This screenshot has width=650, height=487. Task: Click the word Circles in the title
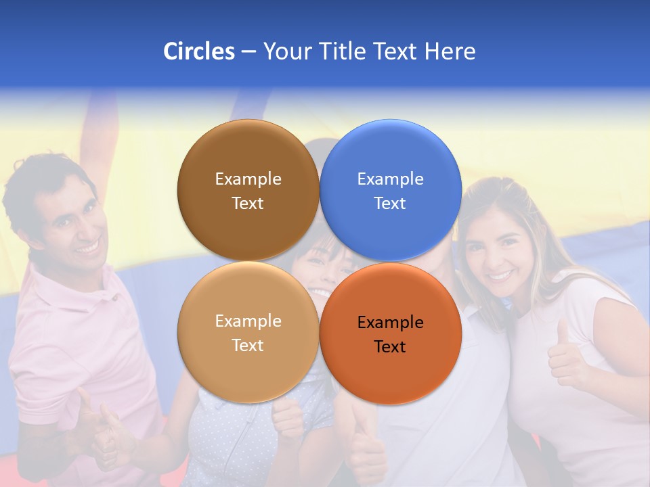tap(198, 51)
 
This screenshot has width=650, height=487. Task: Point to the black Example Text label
tap(390, 334)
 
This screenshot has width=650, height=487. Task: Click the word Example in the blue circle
tap(390, 179)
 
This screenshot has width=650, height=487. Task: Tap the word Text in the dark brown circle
tap(248, 203)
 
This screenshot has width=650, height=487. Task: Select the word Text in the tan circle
tap(248, 345)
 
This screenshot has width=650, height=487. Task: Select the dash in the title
tap(248, 51)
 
